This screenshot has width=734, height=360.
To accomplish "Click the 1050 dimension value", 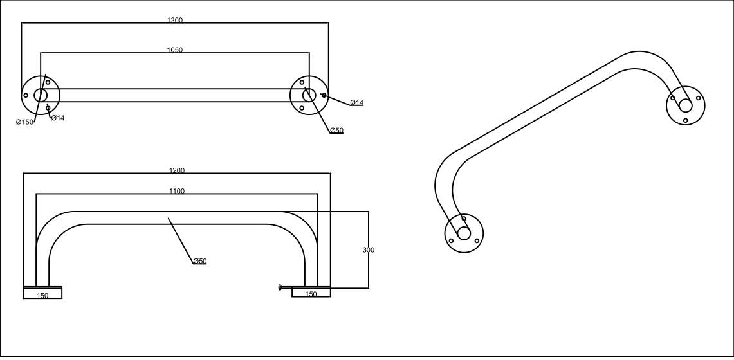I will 174,50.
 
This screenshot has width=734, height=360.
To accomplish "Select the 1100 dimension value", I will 177,191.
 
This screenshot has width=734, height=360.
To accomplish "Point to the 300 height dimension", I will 369,249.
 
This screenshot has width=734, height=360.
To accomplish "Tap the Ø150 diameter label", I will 24,122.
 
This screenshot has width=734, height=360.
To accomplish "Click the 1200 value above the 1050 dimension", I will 175,21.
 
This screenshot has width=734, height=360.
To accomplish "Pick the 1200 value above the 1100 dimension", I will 177,171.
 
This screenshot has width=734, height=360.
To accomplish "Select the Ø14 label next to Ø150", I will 57,118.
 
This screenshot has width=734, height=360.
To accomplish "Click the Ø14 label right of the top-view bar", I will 356,103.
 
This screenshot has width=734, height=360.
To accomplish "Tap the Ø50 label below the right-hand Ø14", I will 336,130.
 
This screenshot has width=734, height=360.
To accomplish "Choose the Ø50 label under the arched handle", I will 199,261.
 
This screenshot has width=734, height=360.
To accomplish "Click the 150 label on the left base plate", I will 42,296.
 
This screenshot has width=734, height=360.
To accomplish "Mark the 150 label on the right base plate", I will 311,294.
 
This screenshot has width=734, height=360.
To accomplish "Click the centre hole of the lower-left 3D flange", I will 464,233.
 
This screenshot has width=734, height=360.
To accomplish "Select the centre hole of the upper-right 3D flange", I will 686,105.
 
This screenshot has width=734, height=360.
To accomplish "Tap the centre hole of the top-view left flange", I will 41,95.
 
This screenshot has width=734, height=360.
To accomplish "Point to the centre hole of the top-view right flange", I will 309,95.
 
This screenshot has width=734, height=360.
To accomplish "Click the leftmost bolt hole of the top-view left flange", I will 26,95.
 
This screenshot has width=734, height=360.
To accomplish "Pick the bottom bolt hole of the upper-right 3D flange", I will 686,120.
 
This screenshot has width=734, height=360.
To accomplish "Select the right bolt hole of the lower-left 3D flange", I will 477,240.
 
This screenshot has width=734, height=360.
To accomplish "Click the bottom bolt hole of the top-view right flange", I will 302,107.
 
